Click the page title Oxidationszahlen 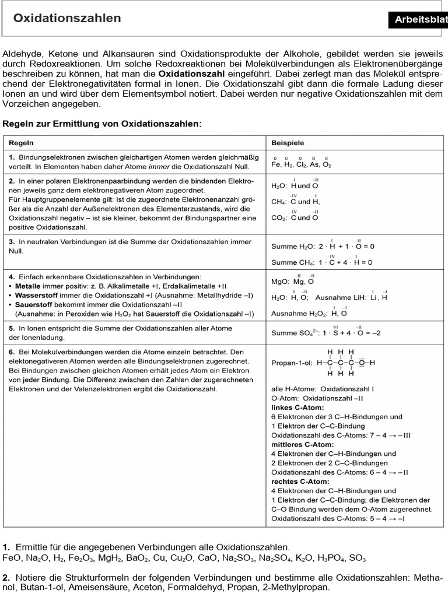(x=67, y=19)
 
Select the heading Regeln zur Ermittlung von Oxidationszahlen (x=103, y=124)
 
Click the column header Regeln (x=21, y=142)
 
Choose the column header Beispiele (x=288, y=142)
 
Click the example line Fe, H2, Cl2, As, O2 (x=301, y=164)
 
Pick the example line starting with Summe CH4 (x=321, y=262)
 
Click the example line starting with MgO (x=293, y=281)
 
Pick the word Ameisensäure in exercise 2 (x=96, y=587)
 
